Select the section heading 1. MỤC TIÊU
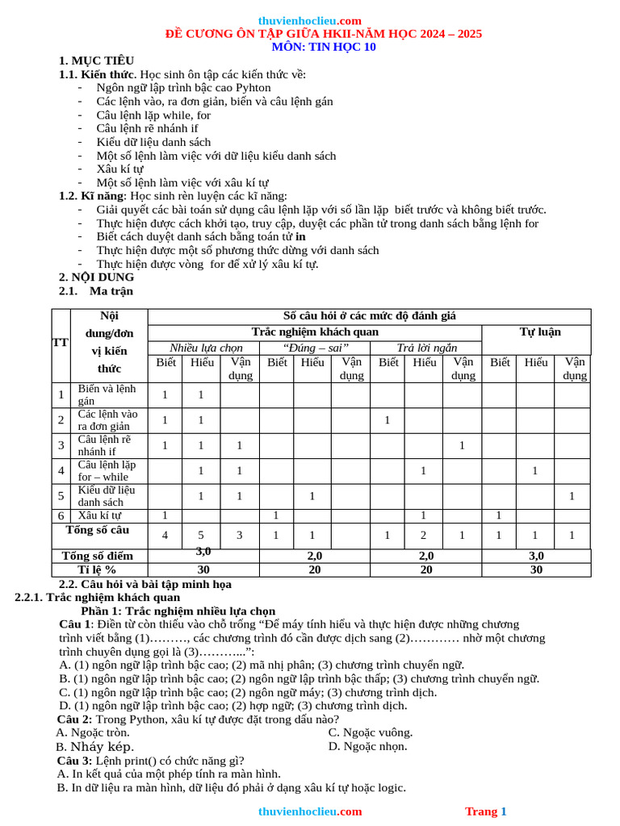click(x=96, y=60)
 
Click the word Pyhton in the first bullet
click(x=253, y=88)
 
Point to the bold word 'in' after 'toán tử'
click(x=300, y=237)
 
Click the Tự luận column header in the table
click(x=539, y=332)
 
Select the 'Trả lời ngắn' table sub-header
click(x=426, y=348)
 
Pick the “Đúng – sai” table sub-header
click(x=315, y=348)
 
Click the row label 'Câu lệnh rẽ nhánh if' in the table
click(x=104, y=445)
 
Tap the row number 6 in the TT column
click(x=61, y=515)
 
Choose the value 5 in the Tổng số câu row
click(x=202, y=536)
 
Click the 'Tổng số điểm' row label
click(x=98, y=556)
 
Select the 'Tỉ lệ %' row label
click(x=98, y=569)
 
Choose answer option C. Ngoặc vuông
click(x=371, y=732)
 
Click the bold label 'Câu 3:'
click(x=74, y=761)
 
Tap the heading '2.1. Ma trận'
click(x=96, y=291)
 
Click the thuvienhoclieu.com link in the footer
click(x=310, y=811)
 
